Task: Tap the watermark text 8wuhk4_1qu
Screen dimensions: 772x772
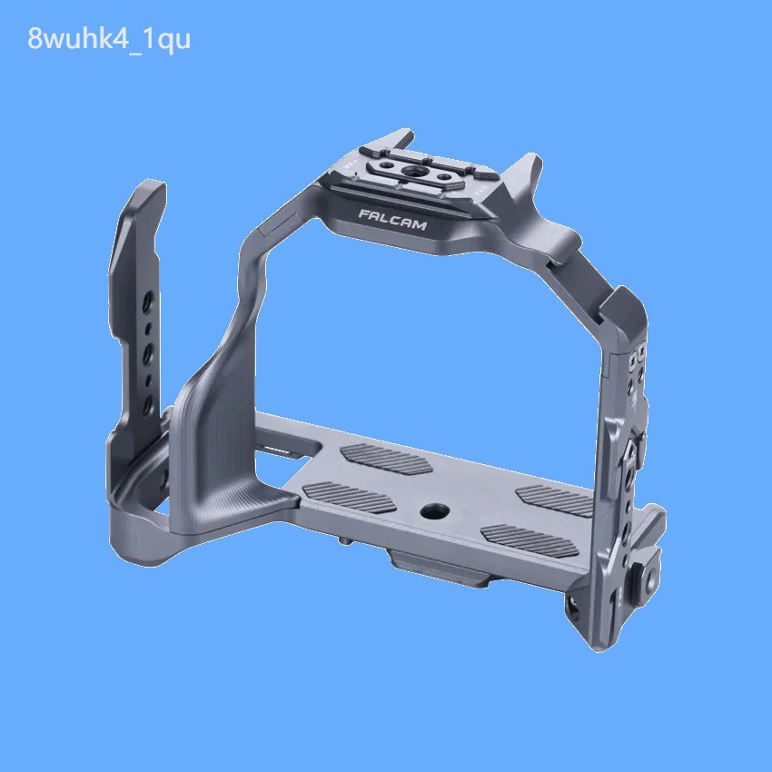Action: (109, 41)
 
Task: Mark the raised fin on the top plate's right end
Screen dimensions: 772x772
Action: (526, 173)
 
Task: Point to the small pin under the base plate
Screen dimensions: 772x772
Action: (346, 542)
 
